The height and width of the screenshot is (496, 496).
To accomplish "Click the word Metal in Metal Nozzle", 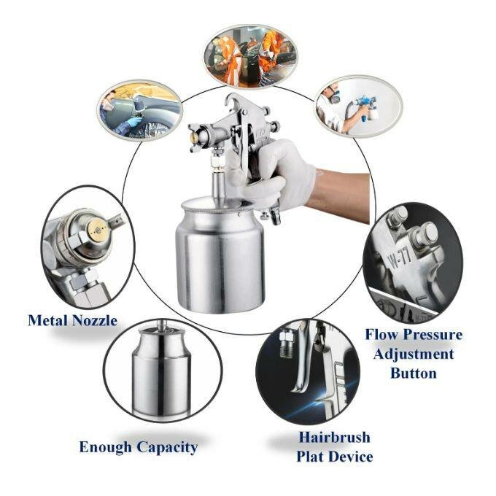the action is pos(48,320).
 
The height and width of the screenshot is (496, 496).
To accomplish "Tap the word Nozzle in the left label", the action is pos(96,320).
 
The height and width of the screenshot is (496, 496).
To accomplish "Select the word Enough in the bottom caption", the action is pos(106,448).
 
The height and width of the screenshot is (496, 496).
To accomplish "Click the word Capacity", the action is pos(167,449).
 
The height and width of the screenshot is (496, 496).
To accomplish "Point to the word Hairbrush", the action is pos(335,438).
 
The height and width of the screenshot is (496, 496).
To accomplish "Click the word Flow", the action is pos(382,335).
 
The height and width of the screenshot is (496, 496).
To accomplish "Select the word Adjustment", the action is pos(414,354).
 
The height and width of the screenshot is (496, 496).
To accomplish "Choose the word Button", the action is pos(414,373).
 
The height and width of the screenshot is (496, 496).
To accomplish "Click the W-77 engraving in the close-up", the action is pos(399,257).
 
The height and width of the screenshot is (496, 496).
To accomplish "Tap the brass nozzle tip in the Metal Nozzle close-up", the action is pos(98,230).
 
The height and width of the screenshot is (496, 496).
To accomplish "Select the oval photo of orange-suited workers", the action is pos(251,57).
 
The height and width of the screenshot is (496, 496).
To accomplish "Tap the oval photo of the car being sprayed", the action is pos(139,110).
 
